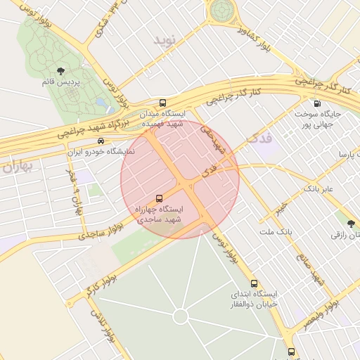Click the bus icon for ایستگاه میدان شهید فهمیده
point(163,102)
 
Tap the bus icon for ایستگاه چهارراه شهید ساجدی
point(159,198)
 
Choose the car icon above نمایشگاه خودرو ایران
point(103,141)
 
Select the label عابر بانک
point(321,189)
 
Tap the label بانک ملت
point(275,231)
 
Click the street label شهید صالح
point(310,268)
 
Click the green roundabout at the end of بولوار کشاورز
point(222,10)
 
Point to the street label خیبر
point(281,209)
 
